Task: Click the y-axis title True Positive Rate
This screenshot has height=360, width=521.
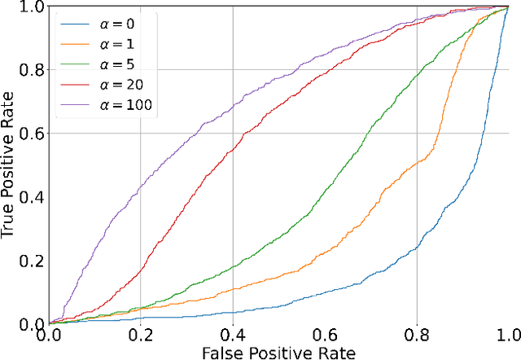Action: click(x=9, y=165)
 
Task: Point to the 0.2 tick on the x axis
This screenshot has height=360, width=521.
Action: click(x=141, y=333)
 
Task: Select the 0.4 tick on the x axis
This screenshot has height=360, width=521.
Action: click(x=233, y=333)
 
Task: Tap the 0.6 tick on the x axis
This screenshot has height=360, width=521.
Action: click(x=325, y=333)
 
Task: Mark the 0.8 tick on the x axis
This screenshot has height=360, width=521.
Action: click(x=417, y=333)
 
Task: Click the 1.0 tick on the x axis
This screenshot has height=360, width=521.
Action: click(x=507, y=333)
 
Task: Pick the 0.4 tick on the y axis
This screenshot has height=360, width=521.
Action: click(x=32, y=197)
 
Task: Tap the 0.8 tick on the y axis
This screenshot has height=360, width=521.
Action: click(x=32, y=70)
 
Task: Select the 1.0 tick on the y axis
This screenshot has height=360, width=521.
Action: click(x=32, y=7)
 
